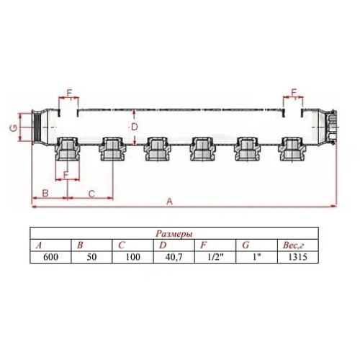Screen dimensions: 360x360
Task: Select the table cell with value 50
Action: pyautogui.click(x=91, y=257)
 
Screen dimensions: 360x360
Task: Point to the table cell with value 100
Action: pyautogui.click(x=133, y=257)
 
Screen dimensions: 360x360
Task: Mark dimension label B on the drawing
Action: pyautogui.click(x=45, y=193)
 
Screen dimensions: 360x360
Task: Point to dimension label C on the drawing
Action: pyautogui.click(x=91, y=193)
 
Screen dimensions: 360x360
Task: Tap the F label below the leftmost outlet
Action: pyautogui.click(x=66, y=174)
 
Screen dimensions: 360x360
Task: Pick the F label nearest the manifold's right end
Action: pyautogui.click(x=294, y=92)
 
